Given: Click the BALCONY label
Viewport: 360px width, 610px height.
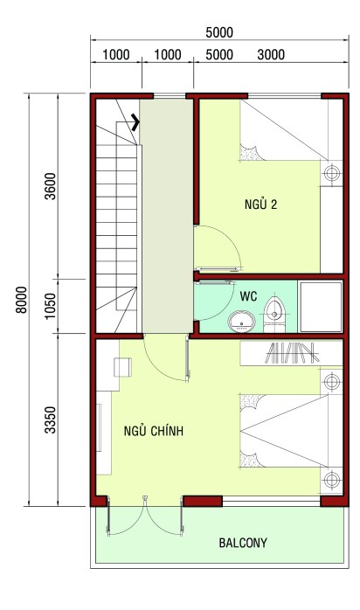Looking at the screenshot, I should (243, 543).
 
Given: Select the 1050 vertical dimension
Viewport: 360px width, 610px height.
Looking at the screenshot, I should (50, 304).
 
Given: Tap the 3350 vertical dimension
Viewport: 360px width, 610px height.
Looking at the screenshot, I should (50, 419).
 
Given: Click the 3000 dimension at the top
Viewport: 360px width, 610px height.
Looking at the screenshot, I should (271, 55).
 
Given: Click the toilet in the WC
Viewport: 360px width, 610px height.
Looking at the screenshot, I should (276, 312).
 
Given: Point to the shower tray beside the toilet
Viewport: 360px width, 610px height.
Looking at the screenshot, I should (320, 306).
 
